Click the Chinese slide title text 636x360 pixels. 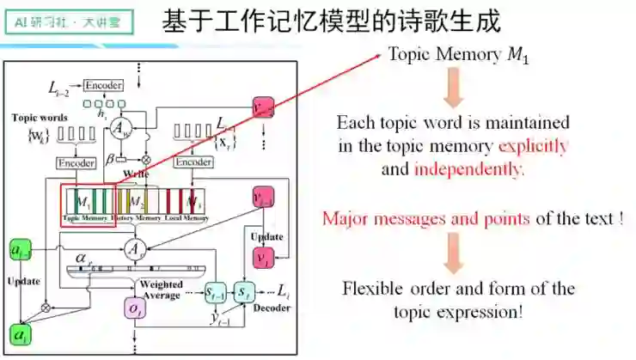[x=331, y=23]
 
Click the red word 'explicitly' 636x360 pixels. [x=533, y=145]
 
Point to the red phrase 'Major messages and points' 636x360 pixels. [x=425, y=218]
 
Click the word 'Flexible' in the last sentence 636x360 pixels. [x=370, y=288]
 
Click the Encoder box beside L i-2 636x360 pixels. [x=102, y=85]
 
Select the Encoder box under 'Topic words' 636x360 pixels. [x=76, y=162]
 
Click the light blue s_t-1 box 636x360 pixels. [x=216, y=294]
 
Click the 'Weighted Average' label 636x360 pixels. [x=161, y=290]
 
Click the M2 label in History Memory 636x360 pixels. [x=136, y=202]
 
